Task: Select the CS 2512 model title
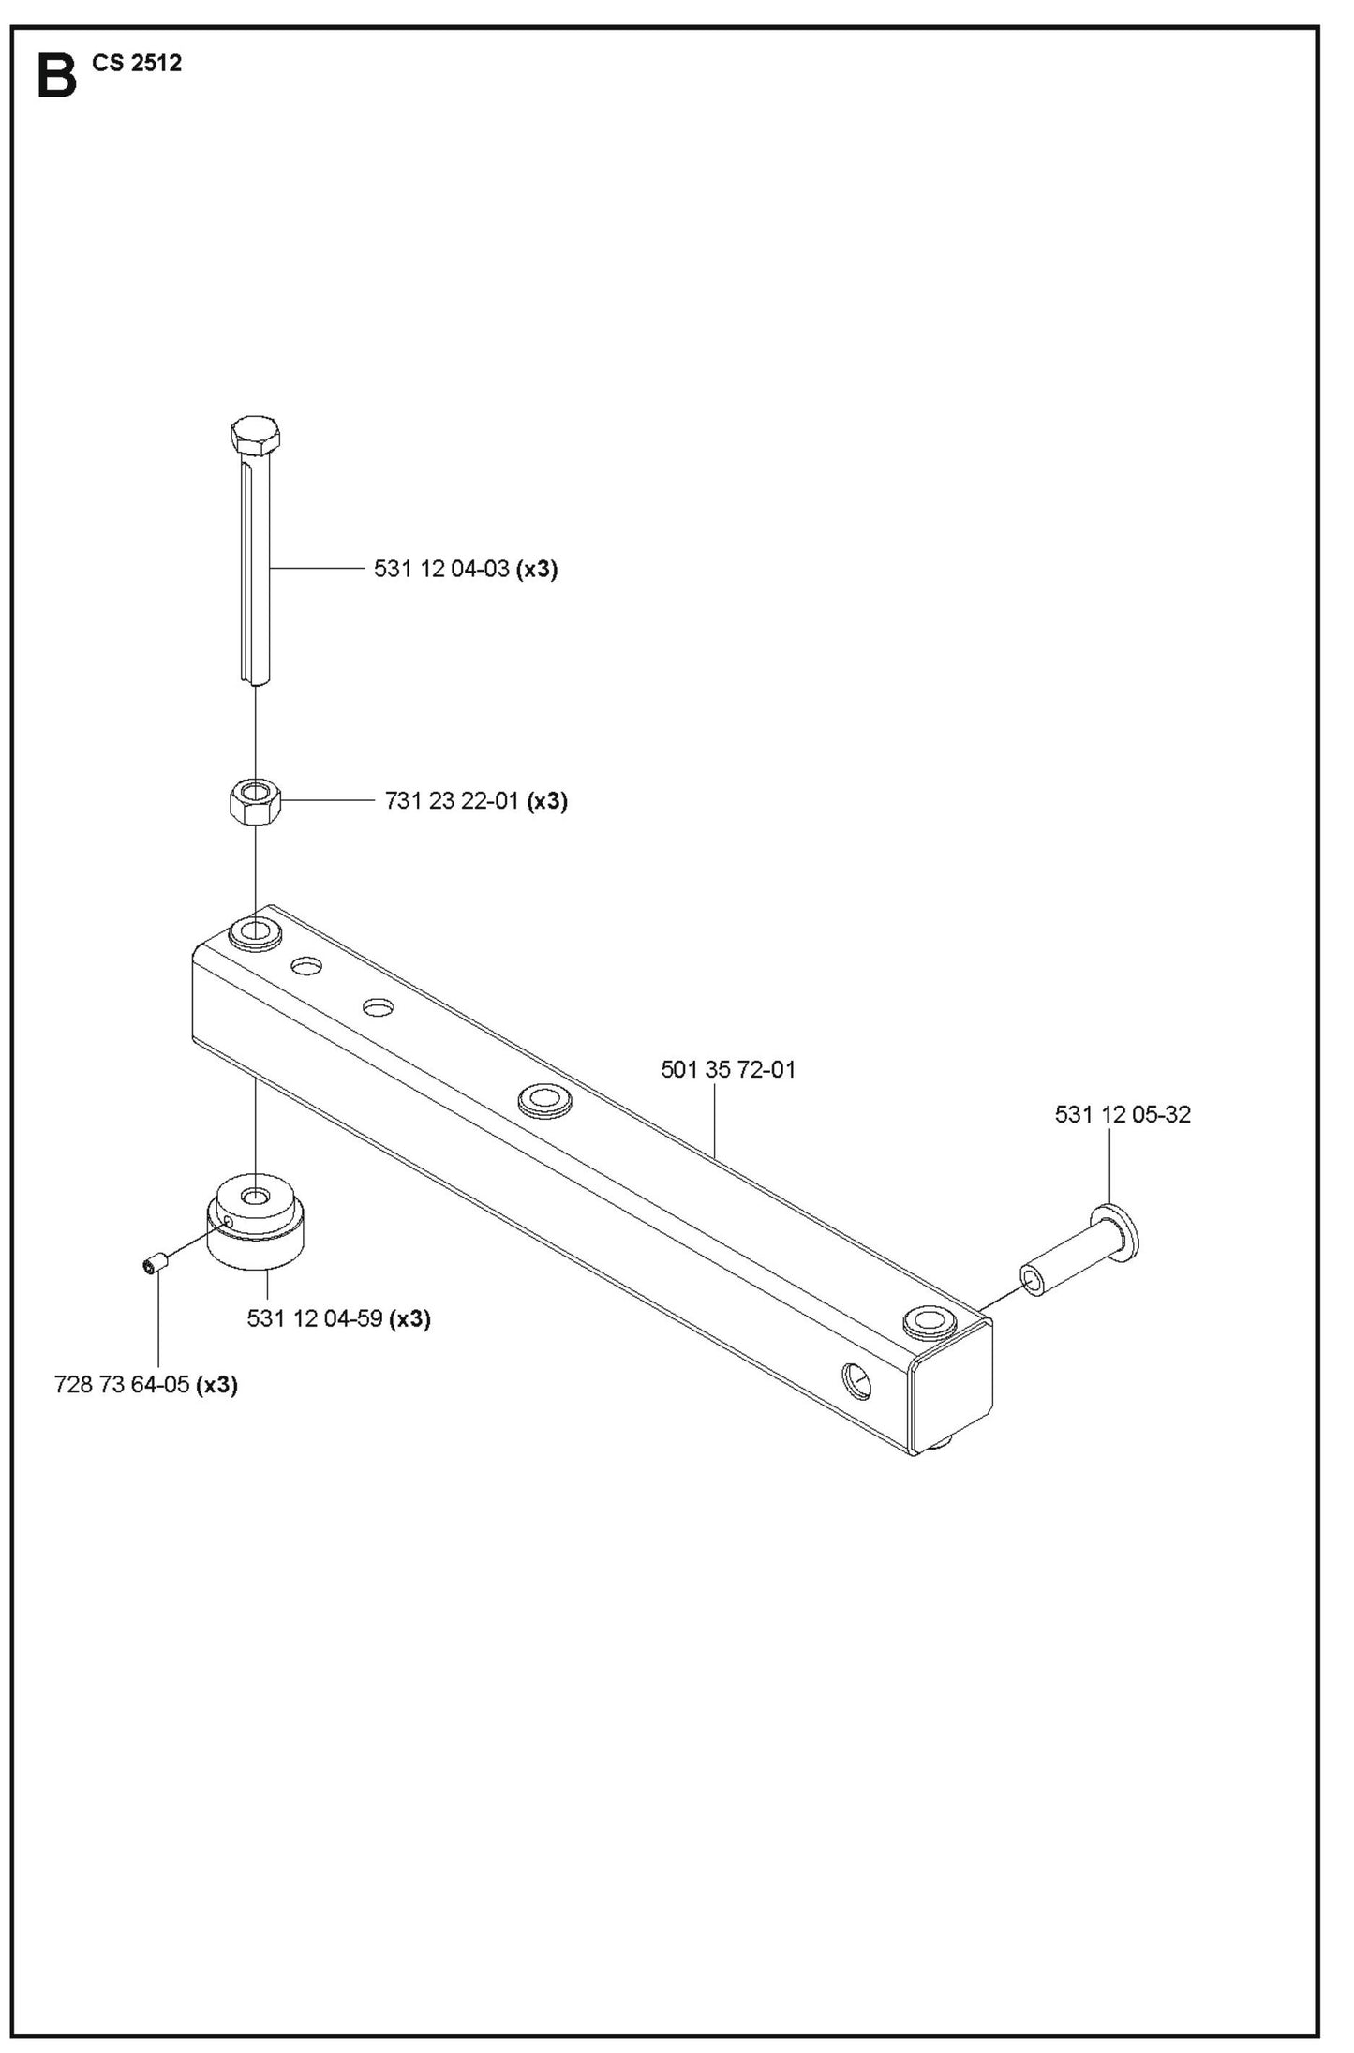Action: (x=137, y=63)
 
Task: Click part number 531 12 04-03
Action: (x=441, y=568)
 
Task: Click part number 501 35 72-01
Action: (x=728, y=1069)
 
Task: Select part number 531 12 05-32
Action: (x=1123, y=1114)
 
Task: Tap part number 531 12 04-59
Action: (x=315, y=1318)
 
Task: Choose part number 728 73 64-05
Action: (x=122, y=1384)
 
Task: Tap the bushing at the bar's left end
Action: (x=255, y=931)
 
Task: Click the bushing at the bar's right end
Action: (x=930, y=1321)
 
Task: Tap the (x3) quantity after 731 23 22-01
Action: (x=547, y=801)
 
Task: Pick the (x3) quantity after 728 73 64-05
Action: (x=216, y=1385)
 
